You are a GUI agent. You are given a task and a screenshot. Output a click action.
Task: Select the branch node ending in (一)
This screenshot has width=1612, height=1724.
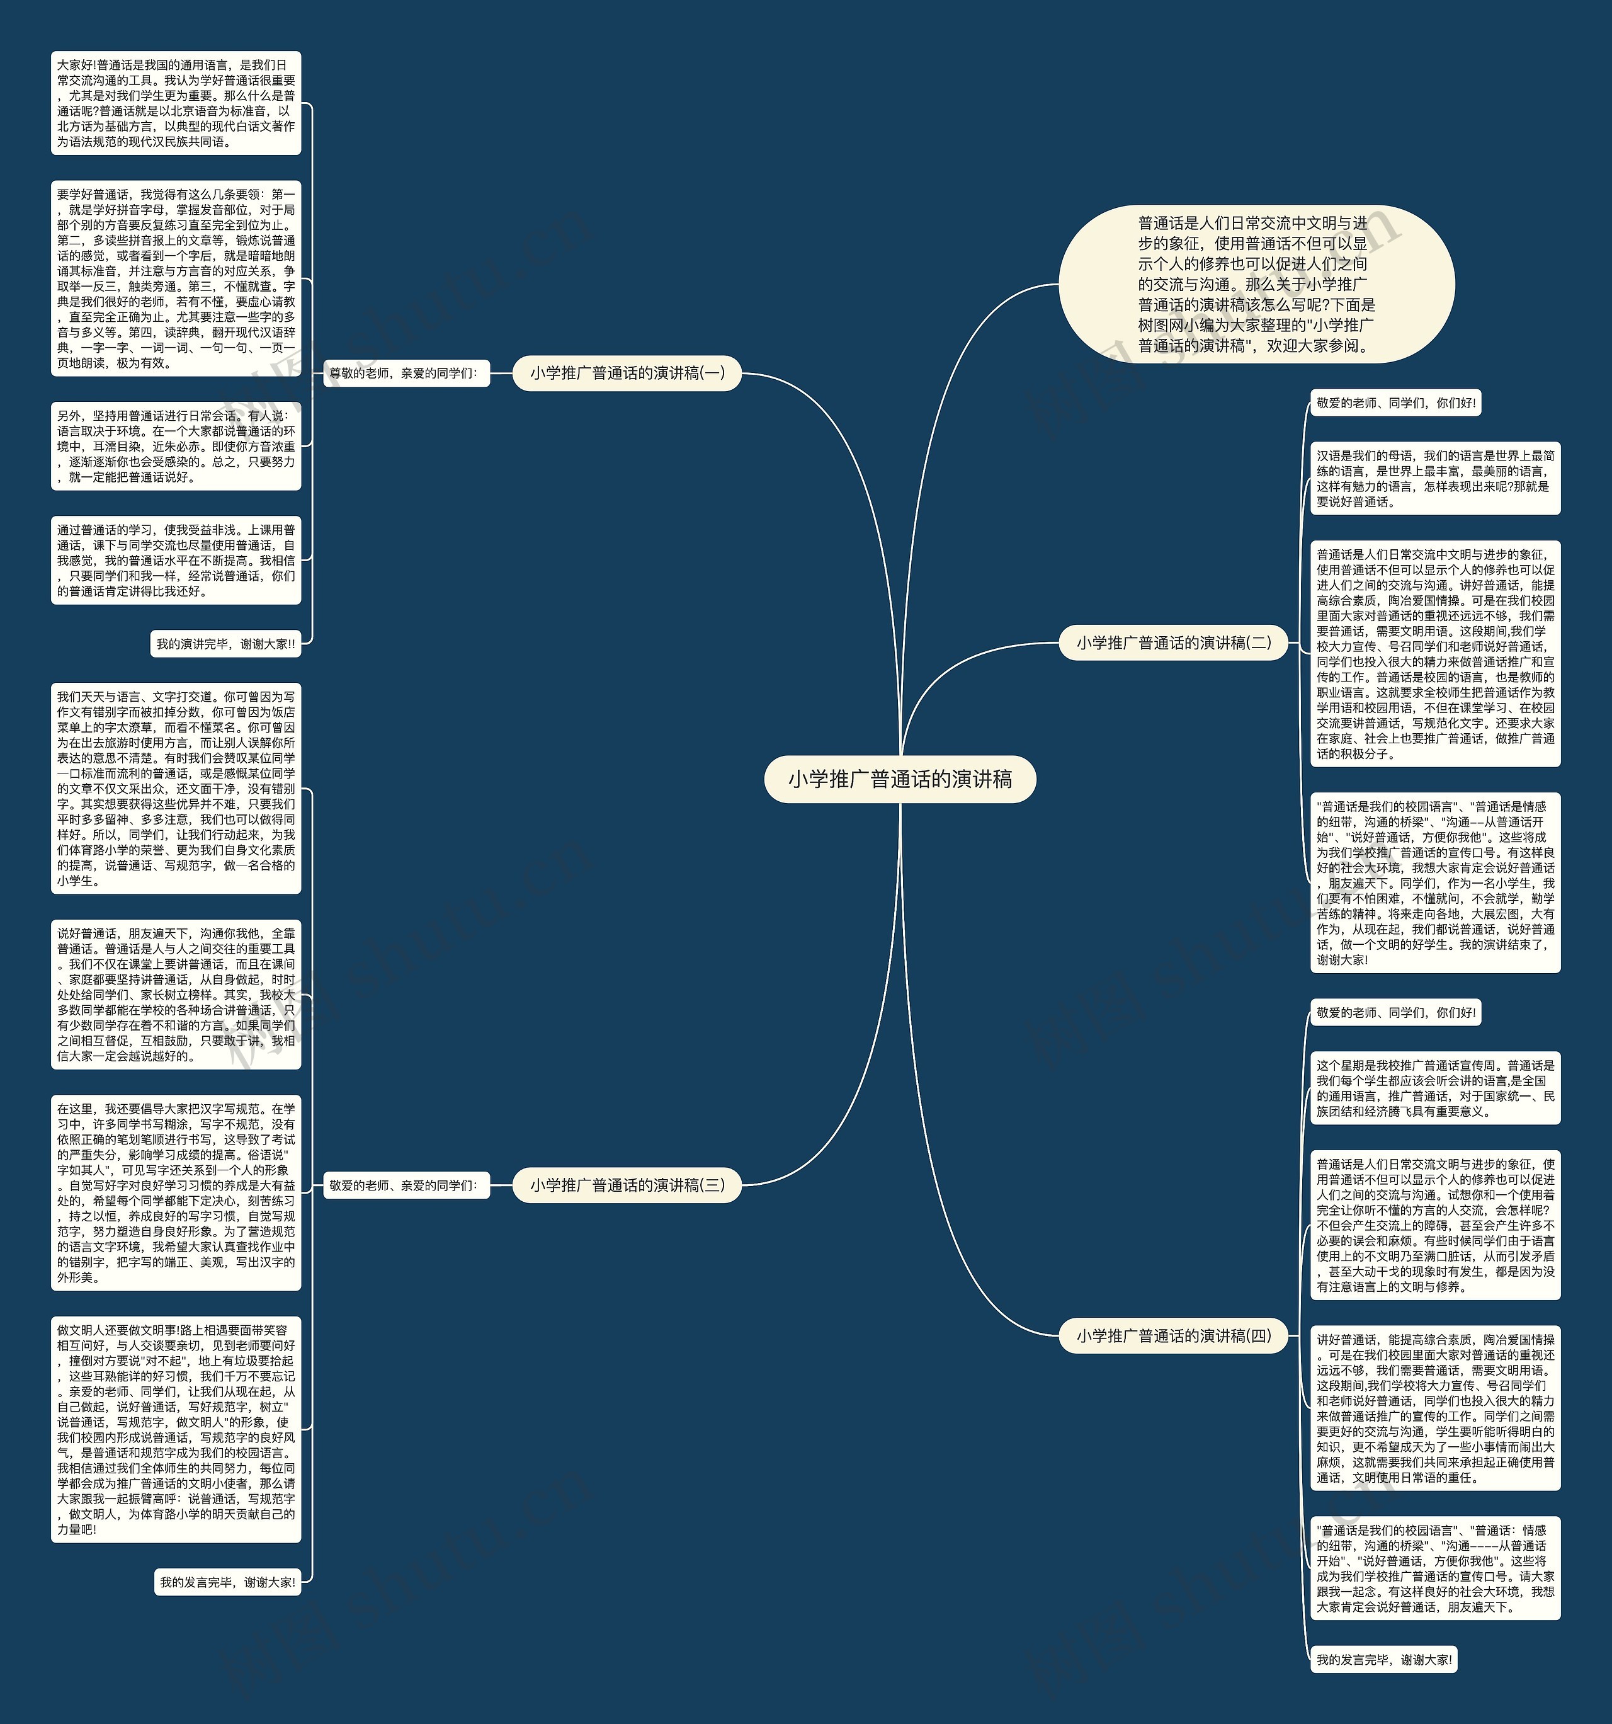pos(627,373)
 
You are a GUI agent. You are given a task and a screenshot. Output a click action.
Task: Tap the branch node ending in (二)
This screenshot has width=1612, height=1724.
pos(1173,642)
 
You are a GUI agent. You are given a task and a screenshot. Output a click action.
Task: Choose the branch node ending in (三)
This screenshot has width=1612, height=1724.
pos(627,1185)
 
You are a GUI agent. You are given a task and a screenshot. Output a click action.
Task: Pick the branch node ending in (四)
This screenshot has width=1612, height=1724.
pos(1173,1335)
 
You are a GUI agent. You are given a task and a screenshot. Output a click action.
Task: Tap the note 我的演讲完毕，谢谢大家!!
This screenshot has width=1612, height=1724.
pos(225,644)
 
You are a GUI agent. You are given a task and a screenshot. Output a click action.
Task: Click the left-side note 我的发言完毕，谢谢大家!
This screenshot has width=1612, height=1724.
pos(227,1582)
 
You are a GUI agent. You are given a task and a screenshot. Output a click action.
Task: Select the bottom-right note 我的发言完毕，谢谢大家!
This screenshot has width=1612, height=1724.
pos(1383,1660)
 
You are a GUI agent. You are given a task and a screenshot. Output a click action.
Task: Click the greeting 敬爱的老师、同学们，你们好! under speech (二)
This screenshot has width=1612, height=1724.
pos(1395,403)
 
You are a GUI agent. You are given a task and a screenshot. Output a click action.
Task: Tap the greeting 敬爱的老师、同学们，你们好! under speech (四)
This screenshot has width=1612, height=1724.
pos(1395,1012)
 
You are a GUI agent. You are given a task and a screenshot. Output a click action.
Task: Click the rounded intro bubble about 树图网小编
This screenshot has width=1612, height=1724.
pos(1256,285)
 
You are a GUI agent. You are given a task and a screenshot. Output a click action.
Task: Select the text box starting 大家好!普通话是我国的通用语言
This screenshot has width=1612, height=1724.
pos(176,103)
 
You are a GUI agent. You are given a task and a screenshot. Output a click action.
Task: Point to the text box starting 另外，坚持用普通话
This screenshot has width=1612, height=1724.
pos(176,446)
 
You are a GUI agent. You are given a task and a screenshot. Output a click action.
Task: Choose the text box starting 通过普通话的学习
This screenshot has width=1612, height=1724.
pos(176,560)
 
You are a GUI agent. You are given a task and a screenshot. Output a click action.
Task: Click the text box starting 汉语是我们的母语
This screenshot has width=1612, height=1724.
pos(1434,479)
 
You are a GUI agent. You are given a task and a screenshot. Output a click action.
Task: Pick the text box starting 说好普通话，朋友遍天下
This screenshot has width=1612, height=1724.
pos(176,995)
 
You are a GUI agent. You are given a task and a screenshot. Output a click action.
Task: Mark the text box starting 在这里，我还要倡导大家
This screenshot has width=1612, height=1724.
pos(176,1192)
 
